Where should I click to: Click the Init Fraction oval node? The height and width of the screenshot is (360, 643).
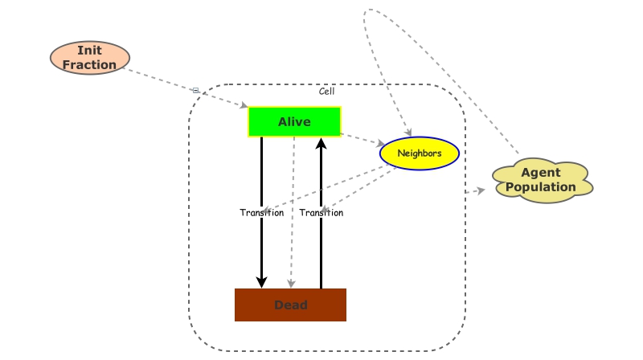[x=90, y=58]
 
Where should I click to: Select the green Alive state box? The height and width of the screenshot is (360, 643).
[x=294, y=121]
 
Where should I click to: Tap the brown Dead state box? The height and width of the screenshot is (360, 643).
[x=290, y=305]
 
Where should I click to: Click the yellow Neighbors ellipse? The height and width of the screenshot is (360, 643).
[x=419, y=153]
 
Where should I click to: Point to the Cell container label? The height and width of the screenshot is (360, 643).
[x=326, y=91]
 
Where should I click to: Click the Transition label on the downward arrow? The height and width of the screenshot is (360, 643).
[x=261, y=213]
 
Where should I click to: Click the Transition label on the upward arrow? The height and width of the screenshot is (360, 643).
[x=321, y=213]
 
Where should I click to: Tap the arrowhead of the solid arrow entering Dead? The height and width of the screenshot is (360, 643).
[x=261, y=281]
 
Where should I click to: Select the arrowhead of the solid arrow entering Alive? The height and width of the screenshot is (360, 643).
[x=321, y=144]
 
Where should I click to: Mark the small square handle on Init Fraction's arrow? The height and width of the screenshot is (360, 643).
[x=195, y=90]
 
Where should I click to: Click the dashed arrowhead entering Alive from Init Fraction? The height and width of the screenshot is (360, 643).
[x=244, y=106]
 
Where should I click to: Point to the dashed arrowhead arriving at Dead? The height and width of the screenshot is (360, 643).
[x=292, y=283]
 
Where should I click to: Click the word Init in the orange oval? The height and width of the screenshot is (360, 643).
[x=89, y=51]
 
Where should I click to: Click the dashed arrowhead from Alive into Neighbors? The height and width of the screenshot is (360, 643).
[x=381, y=144]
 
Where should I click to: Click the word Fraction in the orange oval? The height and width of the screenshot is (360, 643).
[x=89, y=65]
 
